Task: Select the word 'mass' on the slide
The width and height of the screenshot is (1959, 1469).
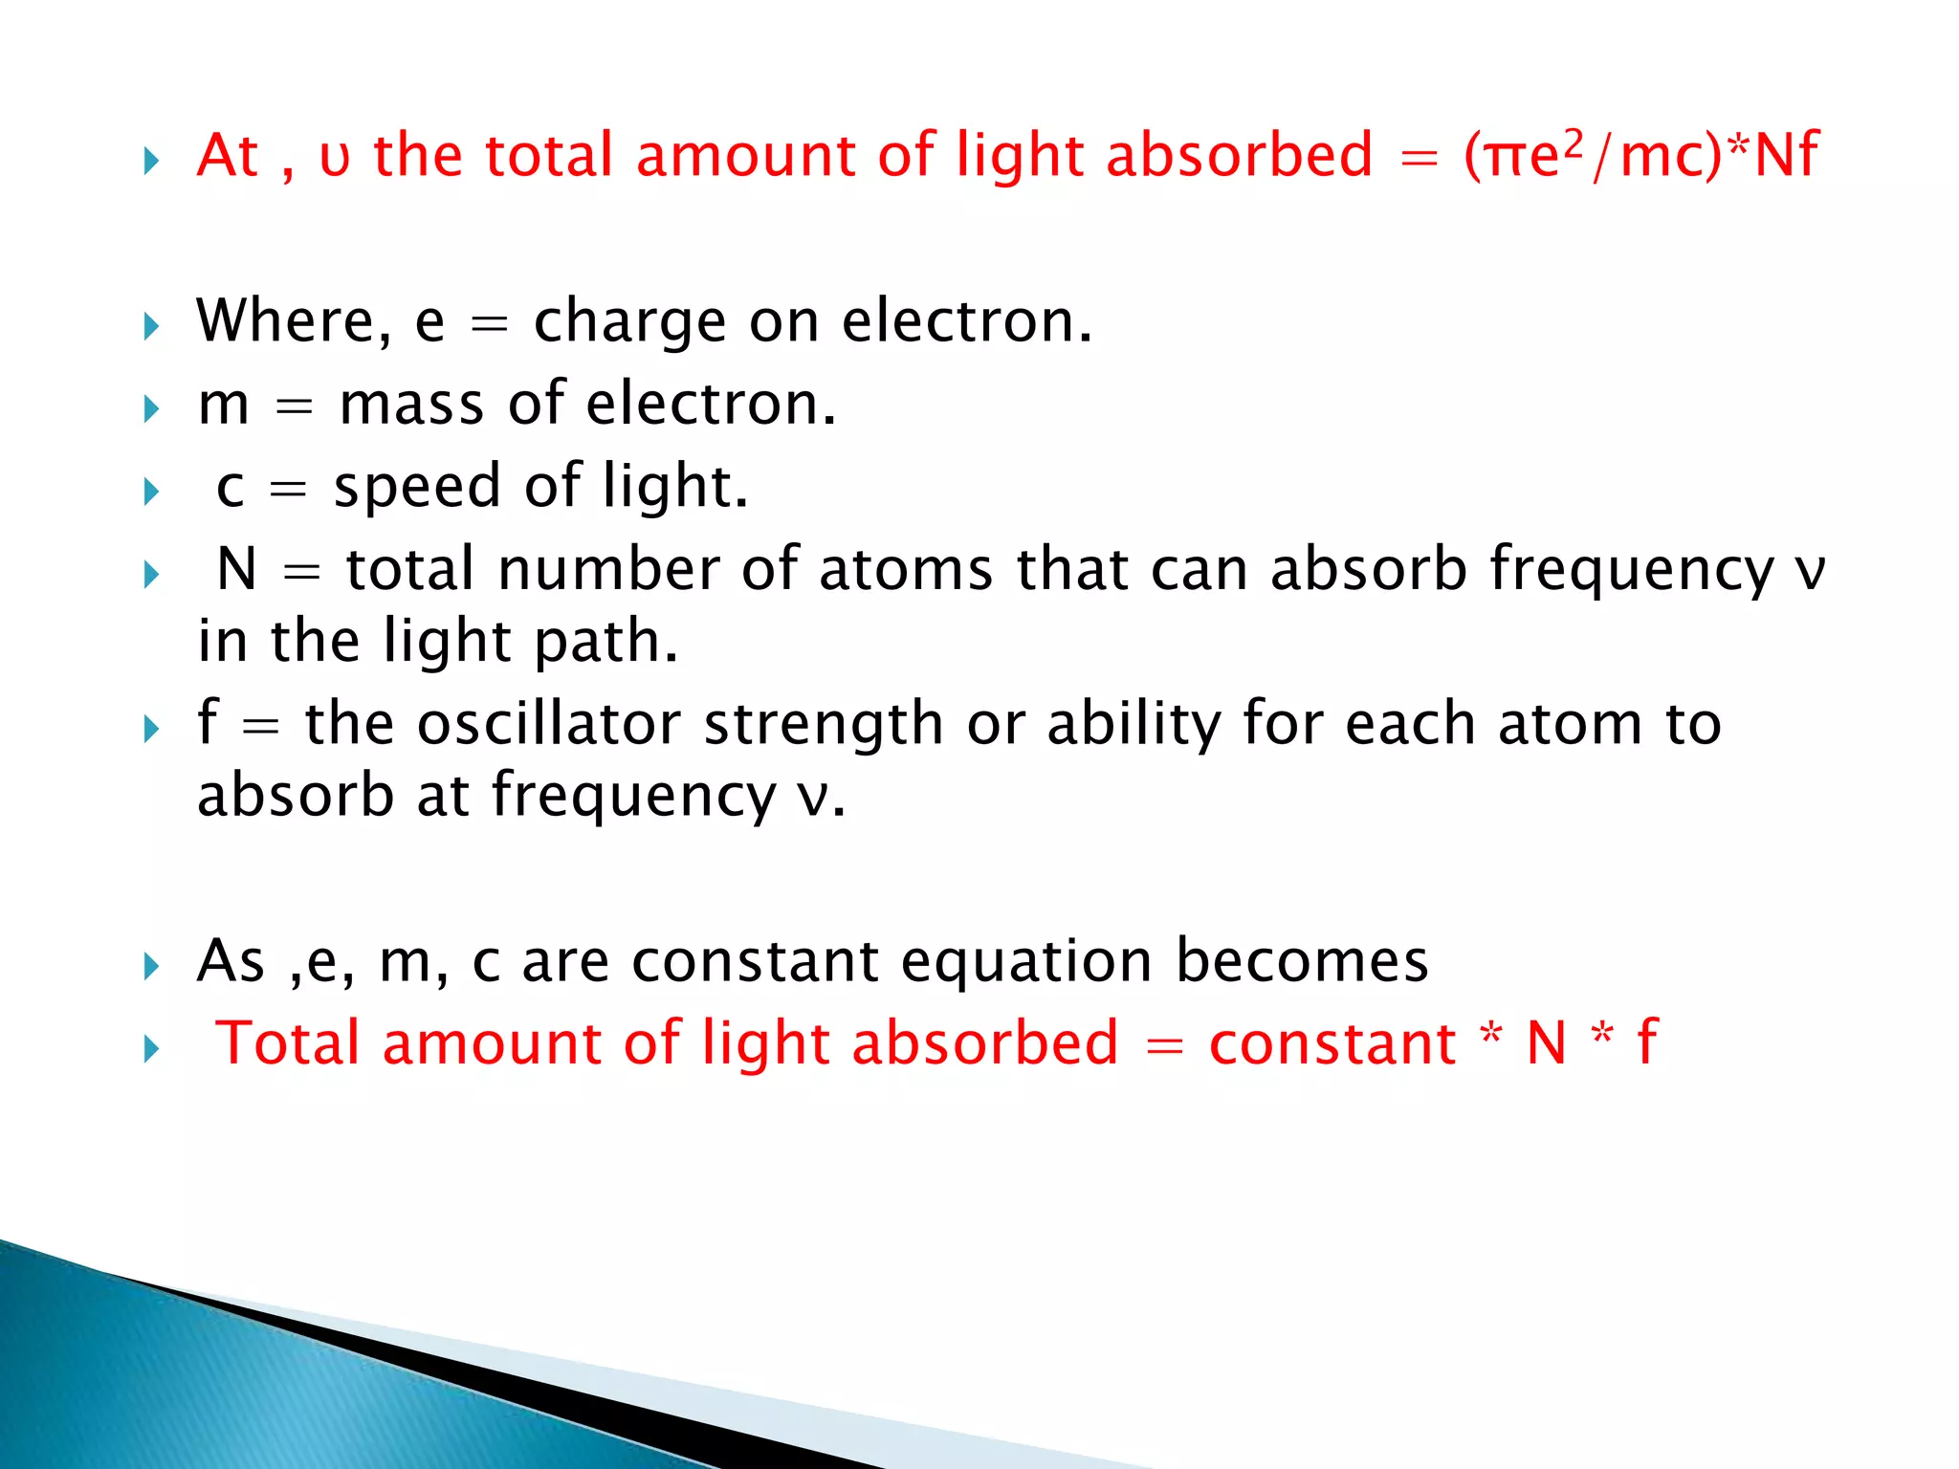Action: (411, 405)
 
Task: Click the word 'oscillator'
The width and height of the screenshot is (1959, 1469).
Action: (549, 723)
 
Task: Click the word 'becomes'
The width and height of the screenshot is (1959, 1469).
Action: (1302, 960)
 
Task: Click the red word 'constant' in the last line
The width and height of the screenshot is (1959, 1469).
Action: (1332, 1043)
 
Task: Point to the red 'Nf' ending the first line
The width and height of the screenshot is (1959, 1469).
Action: (1786, 155)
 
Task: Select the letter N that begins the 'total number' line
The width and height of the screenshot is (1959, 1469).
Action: (236, 569)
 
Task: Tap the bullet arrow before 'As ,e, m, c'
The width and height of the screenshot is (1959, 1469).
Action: (151, 967)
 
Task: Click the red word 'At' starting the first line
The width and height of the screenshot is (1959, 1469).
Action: (227, 155)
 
